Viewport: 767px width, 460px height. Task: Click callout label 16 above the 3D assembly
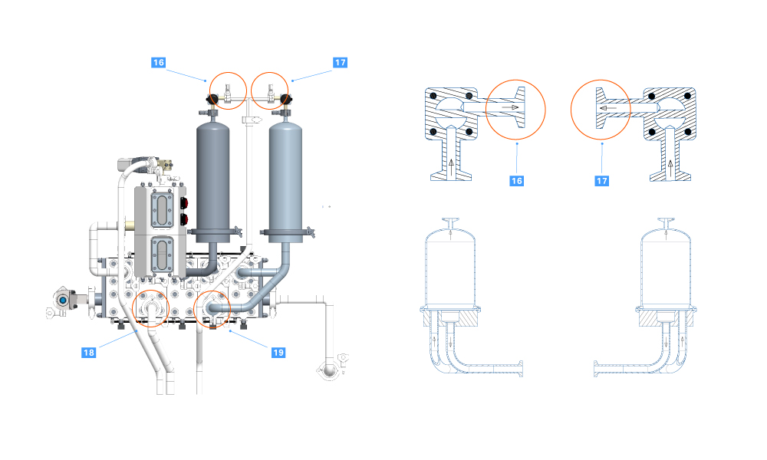159,63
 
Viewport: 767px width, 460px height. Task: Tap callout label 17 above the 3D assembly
341,63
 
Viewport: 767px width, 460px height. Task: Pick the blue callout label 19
278,352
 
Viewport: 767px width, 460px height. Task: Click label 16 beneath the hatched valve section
517,180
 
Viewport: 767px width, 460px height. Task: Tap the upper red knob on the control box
185,204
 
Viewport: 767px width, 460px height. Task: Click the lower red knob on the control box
185,221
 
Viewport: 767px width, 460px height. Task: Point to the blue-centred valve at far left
59,301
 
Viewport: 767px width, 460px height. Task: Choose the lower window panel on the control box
162,254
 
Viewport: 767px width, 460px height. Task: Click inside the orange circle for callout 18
150,310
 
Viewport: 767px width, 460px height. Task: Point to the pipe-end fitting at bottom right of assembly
331,369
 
